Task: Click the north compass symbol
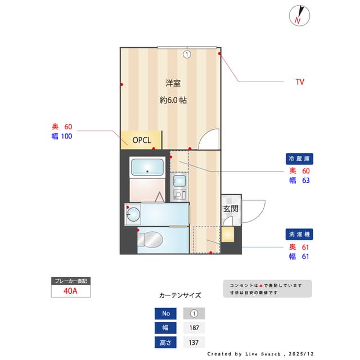299,16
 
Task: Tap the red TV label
300,82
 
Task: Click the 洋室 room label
173,83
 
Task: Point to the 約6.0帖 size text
173,101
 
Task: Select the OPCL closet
141,140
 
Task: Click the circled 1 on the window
187,55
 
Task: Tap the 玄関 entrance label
231,209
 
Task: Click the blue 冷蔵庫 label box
298,159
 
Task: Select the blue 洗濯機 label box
298,233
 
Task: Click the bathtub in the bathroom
147,168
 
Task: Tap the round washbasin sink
133,214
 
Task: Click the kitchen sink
179,181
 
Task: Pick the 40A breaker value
71,291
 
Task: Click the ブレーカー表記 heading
71,280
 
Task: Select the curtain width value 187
194,328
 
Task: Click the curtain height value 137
194,343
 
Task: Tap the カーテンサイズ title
180,295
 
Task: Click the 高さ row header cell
165,343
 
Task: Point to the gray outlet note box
267,289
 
